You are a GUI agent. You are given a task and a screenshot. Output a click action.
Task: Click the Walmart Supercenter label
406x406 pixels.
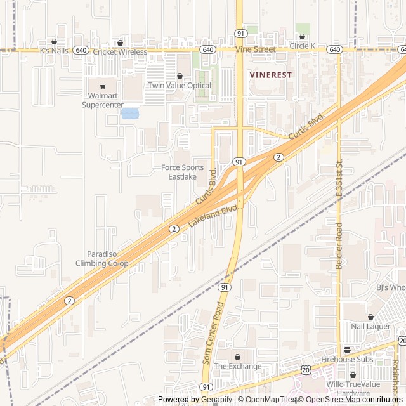102,100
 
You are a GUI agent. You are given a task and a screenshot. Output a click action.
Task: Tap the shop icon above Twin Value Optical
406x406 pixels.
179,75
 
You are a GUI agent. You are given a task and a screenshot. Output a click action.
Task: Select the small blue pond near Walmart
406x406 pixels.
130,114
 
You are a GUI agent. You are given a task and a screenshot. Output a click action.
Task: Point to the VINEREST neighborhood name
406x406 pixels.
271,74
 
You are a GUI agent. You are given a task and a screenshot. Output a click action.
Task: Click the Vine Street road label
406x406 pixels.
256,49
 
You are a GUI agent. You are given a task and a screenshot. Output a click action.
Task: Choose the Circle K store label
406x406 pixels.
302,46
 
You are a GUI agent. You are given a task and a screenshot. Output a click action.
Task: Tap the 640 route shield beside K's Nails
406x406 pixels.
80,49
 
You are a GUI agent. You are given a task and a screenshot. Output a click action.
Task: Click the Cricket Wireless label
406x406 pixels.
120,51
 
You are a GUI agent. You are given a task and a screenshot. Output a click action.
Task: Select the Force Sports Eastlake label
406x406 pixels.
183,172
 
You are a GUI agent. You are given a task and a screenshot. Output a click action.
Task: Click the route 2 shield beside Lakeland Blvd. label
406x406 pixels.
174,229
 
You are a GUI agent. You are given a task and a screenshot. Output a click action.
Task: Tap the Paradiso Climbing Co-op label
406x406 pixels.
102,259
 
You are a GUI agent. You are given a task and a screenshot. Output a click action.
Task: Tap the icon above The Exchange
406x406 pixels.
238,357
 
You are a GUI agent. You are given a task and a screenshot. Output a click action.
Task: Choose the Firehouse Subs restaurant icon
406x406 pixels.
347,350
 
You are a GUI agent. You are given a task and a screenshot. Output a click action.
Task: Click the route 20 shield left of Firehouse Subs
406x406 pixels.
306,370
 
